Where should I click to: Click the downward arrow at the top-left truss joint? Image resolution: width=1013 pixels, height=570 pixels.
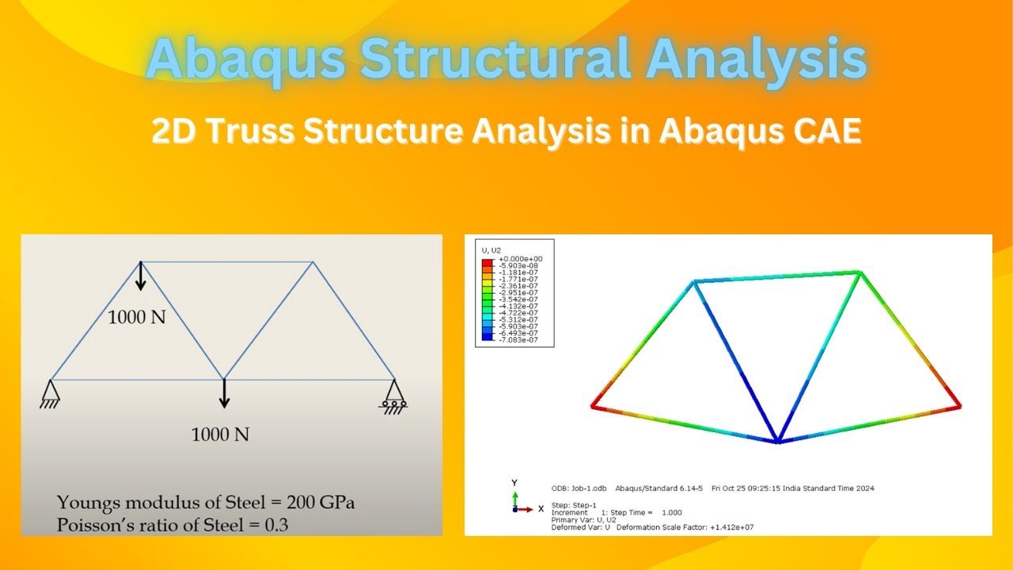(140, 277)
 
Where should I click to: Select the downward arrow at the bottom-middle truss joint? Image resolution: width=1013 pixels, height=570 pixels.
(224, 393)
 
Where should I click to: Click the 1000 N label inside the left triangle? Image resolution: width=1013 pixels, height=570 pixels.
(137, 318)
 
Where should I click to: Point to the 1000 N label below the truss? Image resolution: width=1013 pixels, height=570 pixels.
(220, 435)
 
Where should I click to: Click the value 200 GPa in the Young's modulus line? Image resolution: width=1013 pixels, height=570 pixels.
(327, 503)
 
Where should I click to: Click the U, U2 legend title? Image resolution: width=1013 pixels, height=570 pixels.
(491, 250)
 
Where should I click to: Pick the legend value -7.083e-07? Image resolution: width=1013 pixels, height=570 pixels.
(520, 339)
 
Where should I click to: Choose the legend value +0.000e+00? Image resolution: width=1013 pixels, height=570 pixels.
(520, 259)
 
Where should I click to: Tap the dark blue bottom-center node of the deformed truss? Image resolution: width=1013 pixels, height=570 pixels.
(778, 441)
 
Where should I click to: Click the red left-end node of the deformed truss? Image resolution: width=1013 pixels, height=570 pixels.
(593, 406)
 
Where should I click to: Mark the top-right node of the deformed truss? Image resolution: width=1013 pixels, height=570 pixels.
(859, 273)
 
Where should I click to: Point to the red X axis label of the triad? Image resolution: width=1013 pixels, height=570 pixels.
(541, 508)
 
